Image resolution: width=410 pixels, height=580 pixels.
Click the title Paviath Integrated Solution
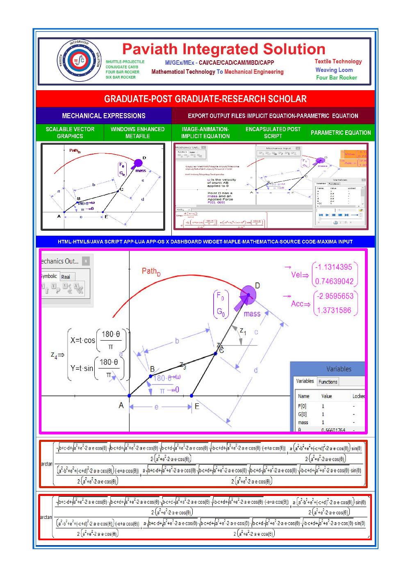223,49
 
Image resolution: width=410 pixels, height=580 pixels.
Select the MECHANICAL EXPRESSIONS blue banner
104,116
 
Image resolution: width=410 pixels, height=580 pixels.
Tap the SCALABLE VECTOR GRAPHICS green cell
70,132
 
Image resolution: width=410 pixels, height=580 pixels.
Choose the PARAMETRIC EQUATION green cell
340,132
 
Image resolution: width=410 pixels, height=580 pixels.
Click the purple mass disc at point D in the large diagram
248,295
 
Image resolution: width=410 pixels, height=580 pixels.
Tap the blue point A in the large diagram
130,396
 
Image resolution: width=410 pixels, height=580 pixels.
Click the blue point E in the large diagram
192,396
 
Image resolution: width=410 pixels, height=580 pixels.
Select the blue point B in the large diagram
150,375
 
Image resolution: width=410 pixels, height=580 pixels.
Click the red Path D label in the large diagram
151,271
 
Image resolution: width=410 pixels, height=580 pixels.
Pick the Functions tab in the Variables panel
328,382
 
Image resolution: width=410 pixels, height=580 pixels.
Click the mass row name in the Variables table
303,422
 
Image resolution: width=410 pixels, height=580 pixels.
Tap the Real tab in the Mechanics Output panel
66,277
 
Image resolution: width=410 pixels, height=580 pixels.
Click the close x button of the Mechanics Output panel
85,261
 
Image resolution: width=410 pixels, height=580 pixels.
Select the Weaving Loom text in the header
334,70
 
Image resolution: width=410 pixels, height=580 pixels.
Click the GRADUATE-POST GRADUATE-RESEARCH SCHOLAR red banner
205,99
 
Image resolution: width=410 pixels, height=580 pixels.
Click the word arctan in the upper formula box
46,464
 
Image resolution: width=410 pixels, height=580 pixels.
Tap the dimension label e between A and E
157,407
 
